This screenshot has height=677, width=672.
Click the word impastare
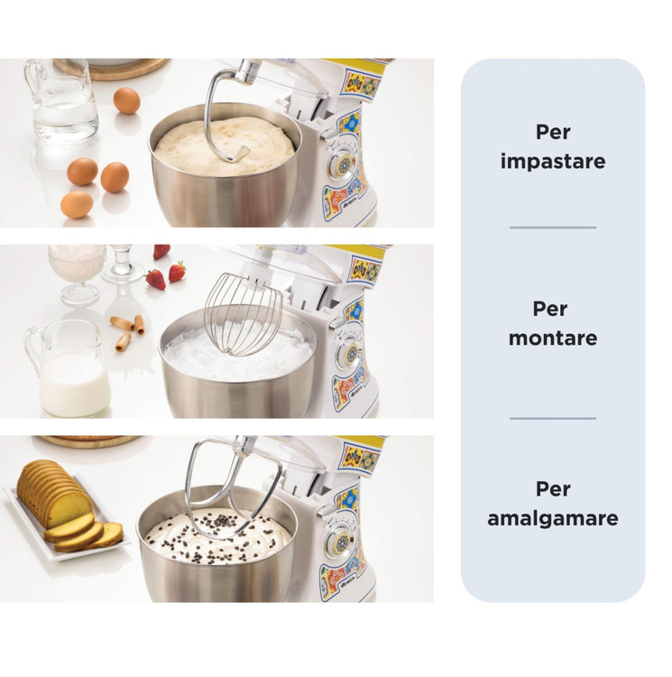click(x=553, y=161)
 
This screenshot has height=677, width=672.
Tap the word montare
click(x=553, y=338)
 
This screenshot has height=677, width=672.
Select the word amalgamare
click(x=553, y=518)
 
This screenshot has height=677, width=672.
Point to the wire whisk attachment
click(x=243, y=313)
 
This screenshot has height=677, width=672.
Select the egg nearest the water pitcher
click(x=127, y=100)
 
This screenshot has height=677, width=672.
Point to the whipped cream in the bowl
click(x=238, y=352)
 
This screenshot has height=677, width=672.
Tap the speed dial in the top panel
click(x=344, y=164)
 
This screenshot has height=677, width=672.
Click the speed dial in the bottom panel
click(x=342, y=543)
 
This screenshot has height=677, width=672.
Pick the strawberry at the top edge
click(x=161, y=251)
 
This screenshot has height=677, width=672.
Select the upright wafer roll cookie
click(x=139, y=324)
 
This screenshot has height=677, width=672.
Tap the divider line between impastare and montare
click(x=553, y=227)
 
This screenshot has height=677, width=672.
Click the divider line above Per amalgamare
click(x=553, y=418)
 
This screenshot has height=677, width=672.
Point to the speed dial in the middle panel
click(x=352, y=354)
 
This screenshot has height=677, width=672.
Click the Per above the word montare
click(x=550, y=309)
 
